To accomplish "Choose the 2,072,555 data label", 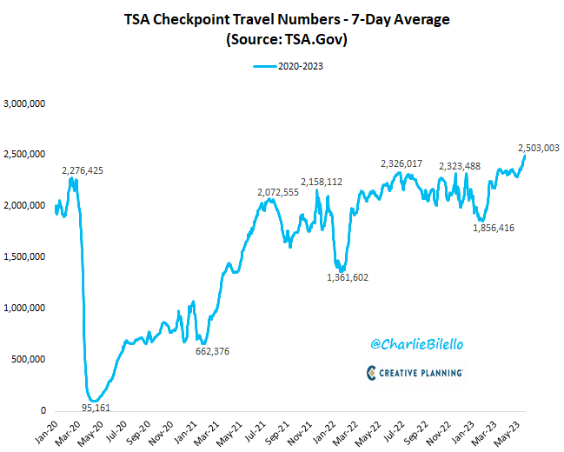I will [278, 192].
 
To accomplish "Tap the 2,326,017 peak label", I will [401, 163].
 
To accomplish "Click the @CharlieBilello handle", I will [415, 344].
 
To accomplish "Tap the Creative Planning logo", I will [415, 372].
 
